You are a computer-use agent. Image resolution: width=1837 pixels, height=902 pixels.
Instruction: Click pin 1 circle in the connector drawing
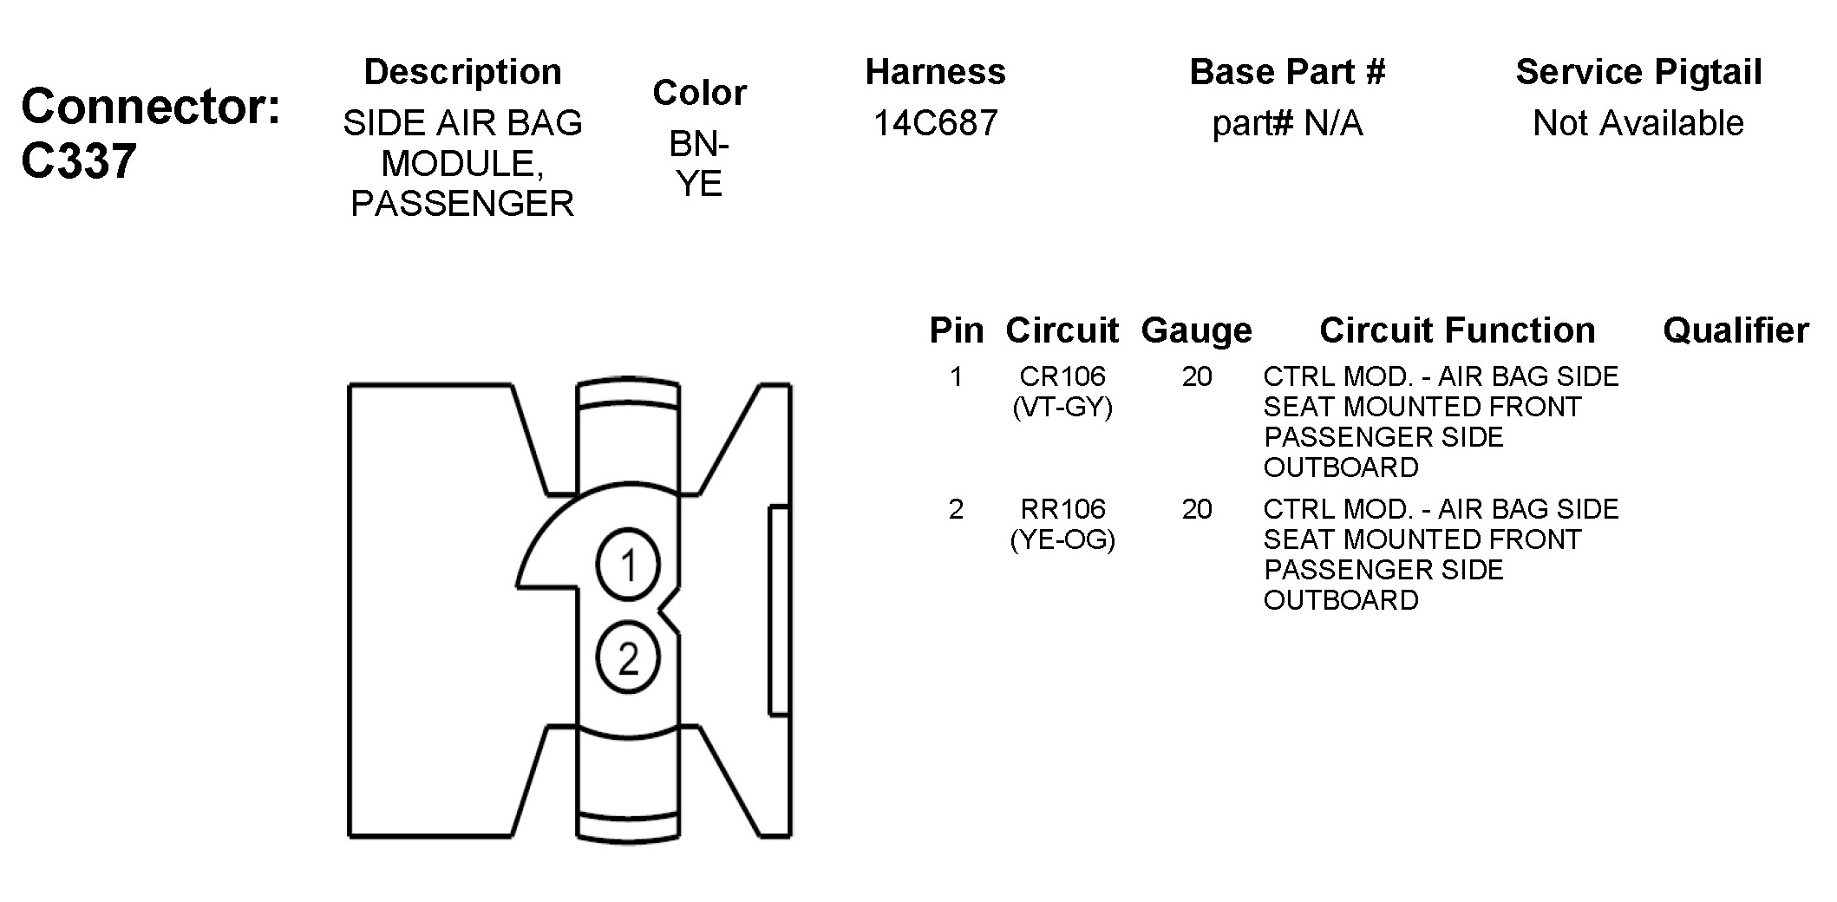(x=628, y=565)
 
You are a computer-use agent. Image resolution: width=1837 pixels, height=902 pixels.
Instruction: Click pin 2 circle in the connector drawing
(x=628, y=657)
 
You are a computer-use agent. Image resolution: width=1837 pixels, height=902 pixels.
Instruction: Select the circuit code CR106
(x=1062, y=376)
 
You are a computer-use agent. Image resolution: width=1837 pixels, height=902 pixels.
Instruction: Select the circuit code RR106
(x=1062, y=509)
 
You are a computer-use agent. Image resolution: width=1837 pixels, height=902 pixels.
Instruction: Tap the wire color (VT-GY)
(x=1062, y=407)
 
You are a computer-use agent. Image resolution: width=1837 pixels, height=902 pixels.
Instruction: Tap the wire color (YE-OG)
(x=1062, y=539)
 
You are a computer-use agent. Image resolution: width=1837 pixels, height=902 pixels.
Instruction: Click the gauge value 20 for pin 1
(x=1197, y=376)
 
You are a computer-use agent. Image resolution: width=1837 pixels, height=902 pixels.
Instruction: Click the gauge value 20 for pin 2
(x=1197, y=509)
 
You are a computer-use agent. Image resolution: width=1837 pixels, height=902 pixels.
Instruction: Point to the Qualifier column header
(x=1736, y=330)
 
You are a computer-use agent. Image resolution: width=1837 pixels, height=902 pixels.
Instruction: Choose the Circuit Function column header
(x=1457, y=330)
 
